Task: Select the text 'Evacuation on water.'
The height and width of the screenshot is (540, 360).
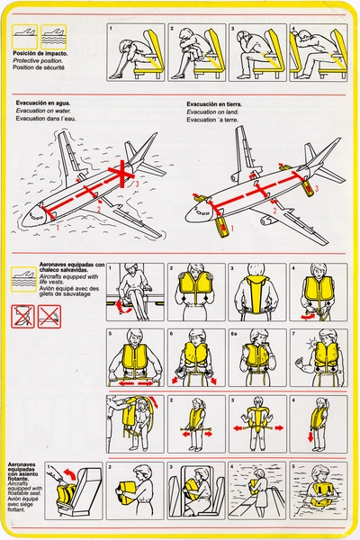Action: pos(44,112)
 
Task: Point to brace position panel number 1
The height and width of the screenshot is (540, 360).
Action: pos(135,51)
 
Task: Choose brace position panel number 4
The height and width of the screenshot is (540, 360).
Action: pos(318,51)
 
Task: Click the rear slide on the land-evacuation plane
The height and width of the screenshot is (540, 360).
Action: pos(308,186)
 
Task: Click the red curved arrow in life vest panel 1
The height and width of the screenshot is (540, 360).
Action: pos(122,308)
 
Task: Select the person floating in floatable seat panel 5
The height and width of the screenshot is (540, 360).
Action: pos(318,493)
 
